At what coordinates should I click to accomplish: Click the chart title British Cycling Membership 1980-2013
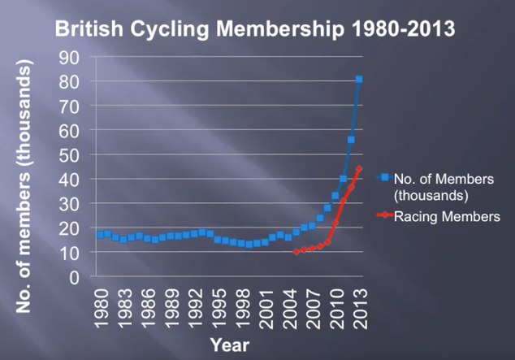pos(254,30)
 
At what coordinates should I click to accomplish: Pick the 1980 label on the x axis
pos(100,306)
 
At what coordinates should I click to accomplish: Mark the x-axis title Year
pos(230,345)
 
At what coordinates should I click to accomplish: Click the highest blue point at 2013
pos(359,80)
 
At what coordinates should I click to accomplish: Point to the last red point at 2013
pos(359,169)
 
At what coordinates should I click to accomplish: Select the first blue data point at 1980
pos(100,235)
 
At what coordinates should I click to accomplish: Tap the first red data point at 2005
pos(296,252)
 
